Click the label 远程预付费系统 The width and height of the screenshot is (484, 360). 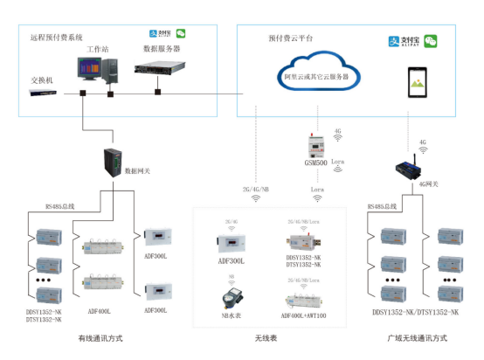57,38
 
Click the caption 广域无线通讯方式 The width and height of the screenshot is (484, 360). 417,336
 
